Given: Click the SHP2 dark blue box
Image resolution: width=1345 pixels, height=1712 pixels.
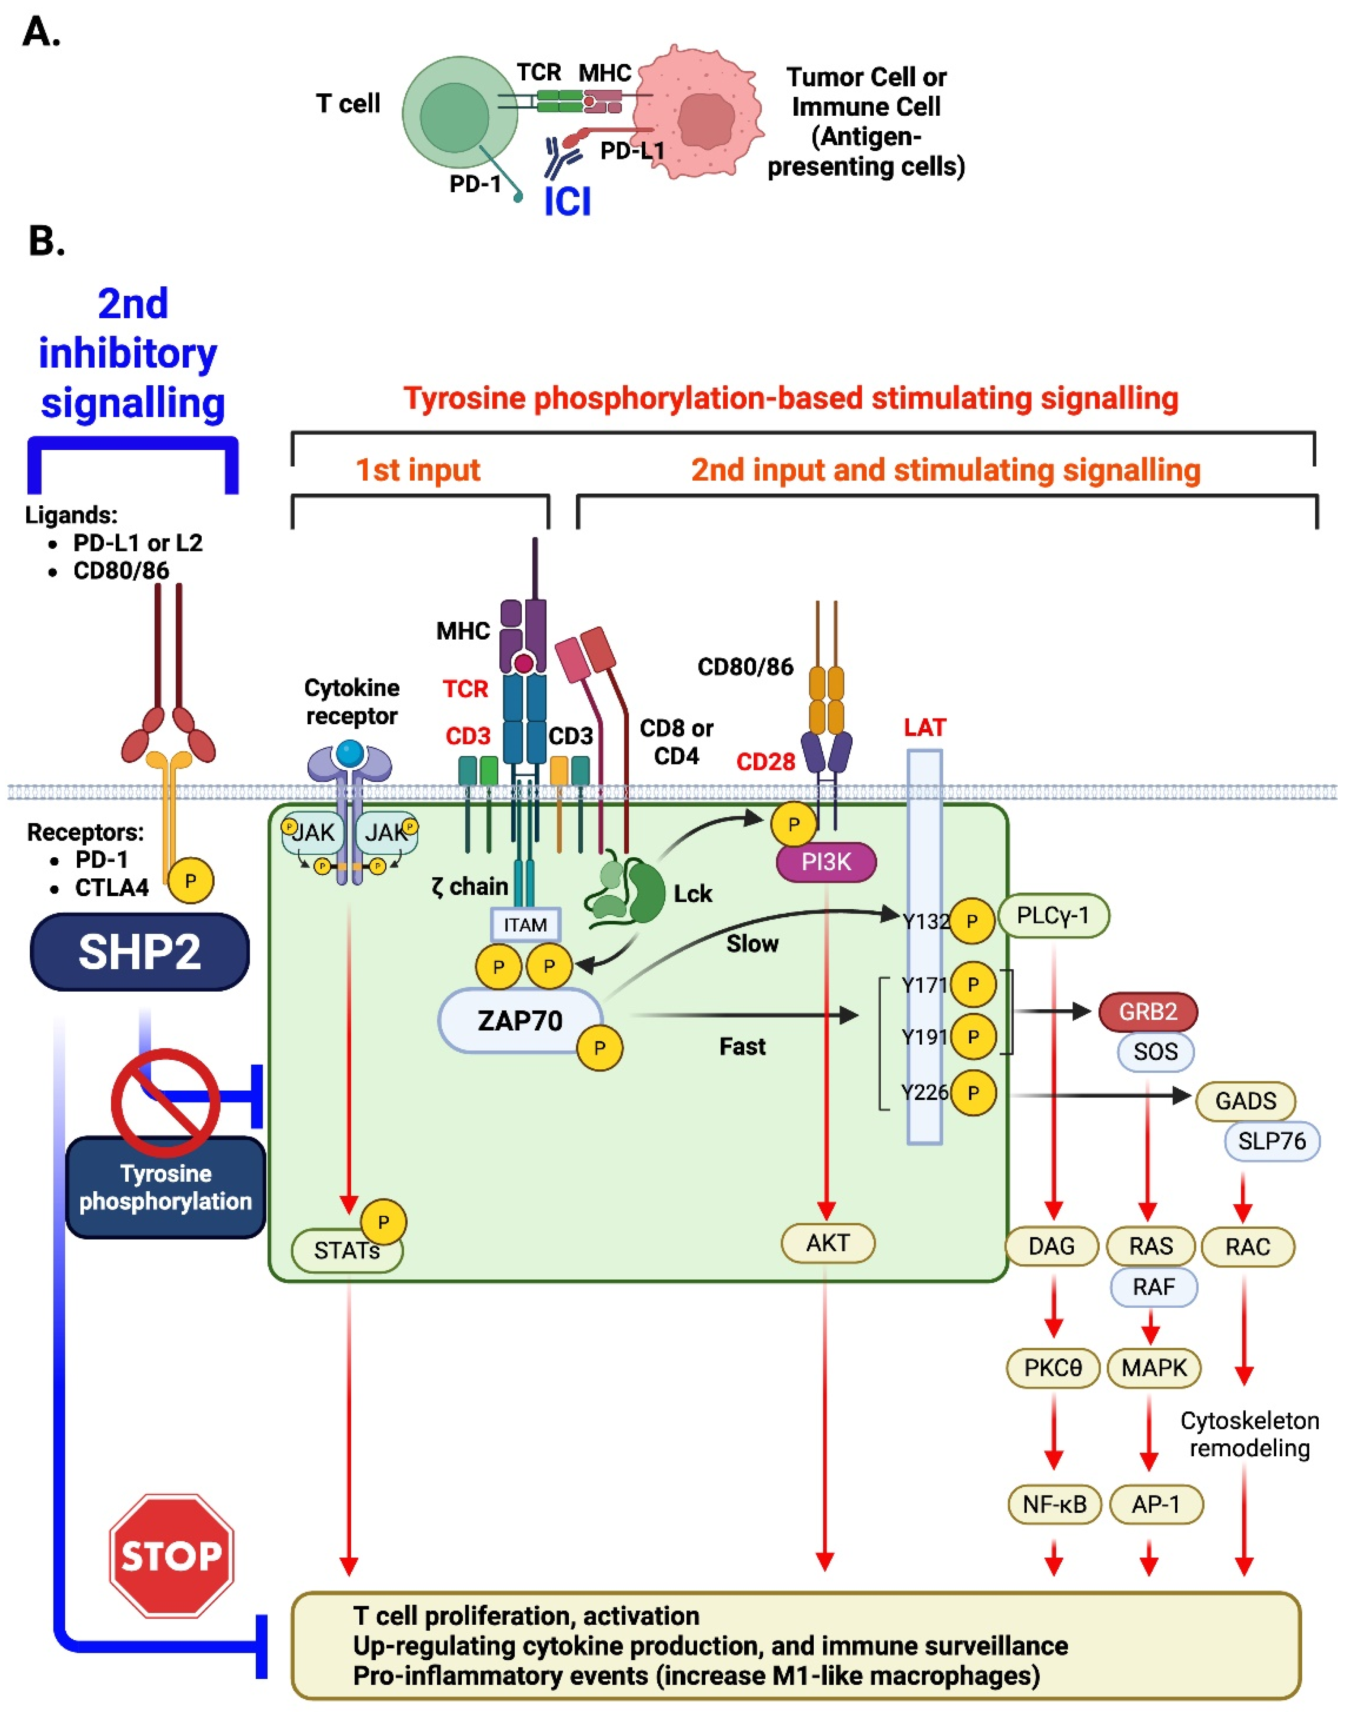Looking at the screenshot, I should click(140, 951).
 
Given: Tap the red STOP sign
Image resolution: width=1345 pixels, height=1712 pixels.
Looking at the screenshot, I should click(171, 1555).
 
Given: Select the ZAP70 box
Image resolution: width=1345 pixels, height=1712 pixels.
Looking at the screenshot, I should click(520, 1021).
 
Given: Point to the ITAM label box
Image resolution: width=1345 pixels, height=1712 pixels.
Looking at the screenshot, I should click(525, 925).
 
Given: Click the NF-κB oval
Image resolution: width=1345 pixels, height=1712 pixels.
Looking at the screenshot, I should click(1054, 1504).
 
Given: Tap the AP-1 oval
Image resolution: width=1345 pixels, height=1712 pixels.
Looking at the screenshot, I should click(1155, 1504).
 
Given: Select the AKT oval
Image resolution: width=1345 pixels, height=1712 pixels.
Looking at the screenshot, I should click(828, 1243).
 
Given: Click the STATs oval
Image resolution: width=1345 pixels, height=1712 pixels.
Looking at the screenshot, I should click(346, 1251).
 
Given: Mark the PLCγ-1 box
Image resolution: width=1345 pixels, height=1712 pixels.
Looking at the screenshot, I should click(1053, 915).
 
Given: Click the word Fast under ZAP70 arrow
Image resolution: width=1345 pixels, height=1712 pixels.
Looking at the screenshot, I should click(742, 1046).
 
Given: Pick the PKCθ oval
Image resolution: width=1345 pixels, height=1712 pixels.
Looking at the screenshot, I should click(1053, 1368).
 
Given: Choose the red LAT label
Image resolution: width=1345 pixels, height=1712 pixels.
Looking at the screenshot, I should click(924, 727).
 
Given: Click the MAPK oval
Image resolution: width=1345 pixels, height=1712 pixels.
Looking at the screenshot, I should click(1154, 1368).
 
